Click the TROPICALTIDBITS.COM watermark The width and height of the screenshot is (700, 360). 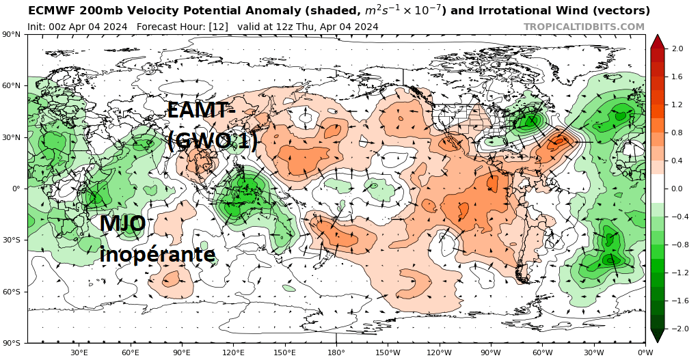tap(584, 27)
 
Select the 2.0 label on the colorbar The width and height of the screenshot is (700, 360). tap(677, 49)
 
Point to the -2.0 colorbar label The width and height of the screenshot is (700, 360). tap(676, 329)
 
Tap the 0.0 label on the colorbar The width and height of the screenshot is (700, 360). tap(677, 189)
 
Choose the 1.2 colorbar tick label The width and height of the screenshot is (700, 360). tap(677, 105)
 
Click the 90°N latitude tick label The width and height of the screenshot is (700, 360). tap(12, 34)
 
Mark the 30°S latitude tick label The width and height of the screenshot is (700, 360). tap(12, 240)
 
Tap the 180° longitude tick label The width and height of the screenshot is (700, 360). tap(336, 352)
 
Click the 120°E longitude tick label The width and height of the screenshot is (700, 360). tap(233, 352)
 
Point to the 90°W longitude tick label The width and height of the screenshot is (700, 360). tap(490, 352)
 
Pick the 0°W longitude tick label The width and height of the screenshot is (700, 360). tap(645, 352)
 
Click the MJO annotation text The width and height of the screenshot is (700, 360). tap(122, 224)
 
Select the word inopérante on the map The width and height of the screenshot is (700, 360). tap(157, 254)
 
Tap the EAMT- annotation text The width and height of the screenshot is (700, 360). tap(201, 111)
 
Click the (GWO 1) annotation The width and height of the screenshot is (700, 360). tap(212, 141)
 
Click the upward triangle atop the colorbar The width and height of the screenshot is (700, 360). tap(657, 41)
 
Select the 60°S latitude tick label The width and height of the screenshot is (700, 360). tap(12, 292)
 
